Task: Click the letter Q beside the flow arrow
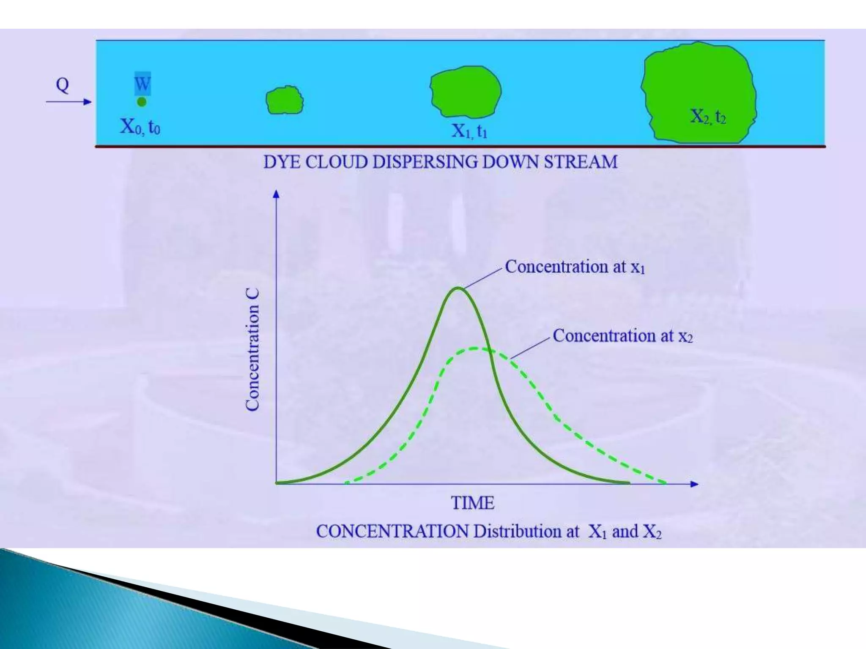click(62, 85)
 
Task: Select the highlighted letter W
click(142, 84)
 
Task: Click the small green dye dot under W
click(142, 102)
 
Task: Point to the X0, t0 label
click(140, 126)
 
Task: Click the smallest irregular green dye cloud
click(284, 101)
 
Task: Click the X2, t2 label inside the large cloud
click(708, 116)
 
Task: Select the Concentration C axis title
click(252, 350)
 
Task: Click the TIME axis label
click(472, 503)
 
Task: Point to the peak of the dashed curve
click(476, 349)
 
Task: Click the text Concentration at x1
click(575, 267)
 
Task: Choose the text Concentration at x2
click(622, 336)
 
